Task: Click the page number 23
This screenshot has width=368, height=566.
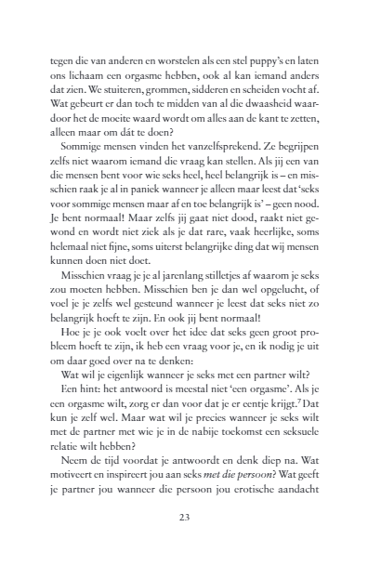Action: pos(184,518)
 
